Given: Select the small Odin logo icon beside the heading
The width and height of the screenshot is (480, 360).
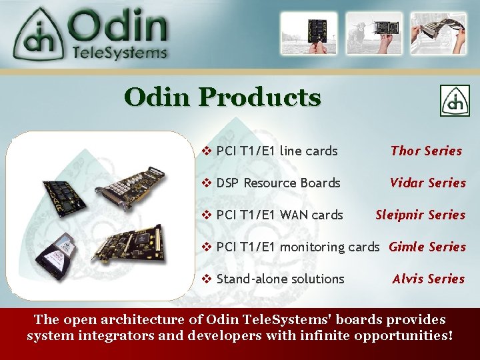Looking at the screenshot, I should [x=454, y=101].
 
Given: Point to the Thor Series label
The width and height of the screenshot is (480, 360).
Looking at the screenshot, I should [x=426, y=151].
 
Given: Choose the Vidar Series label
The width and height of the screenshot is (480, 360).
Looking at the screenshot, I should [x=427, y=183].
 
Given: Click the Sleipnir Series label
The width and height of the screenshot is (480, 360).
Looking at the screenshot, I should [x=420, y=215].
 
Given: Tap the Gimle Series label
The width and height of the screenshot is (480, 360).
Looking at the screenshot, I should [x=427, y=247].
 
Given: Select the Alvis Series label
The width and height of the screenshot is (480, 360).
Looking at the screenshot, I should [x=428, y=279].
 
